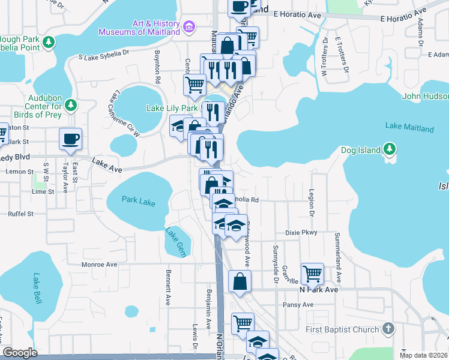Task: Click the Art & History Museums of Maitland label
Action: tap(139, 28)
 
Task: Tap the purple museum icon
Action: tap(190, 27)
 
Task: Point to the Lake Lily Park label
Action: tap(172, 109)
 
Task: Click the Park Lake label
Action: tap(138, 202)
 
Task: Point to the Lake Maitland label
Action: tap(409, 127)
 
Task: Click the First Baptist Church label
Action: tap(342, 329)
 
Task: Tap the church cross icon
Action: tap(388, 329)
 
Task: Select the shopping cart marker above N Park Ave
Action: tap(312, 274)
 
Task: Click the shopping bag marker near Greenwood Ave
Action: tap(240, 281)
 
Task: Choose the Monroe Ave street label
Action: tap(99, 264)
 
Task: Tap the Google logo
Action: tap(20, 352)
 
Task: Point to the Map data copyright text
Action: tap(424, 355)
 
